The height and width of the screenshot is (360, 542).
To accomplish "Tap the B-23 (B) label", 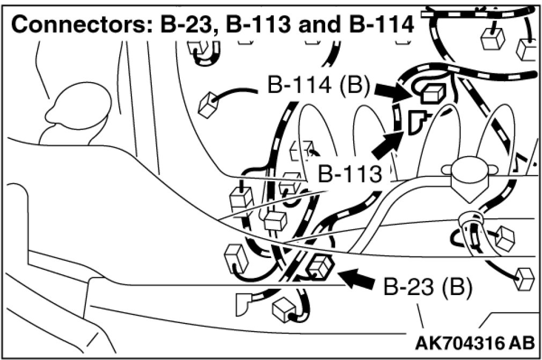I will pos(427,288).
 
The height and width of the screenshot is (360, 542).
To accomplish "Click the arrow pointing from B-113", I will pos(386,146).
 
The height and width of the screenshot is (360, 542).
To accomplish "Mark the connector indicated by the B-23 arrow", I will pos(320,265).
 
